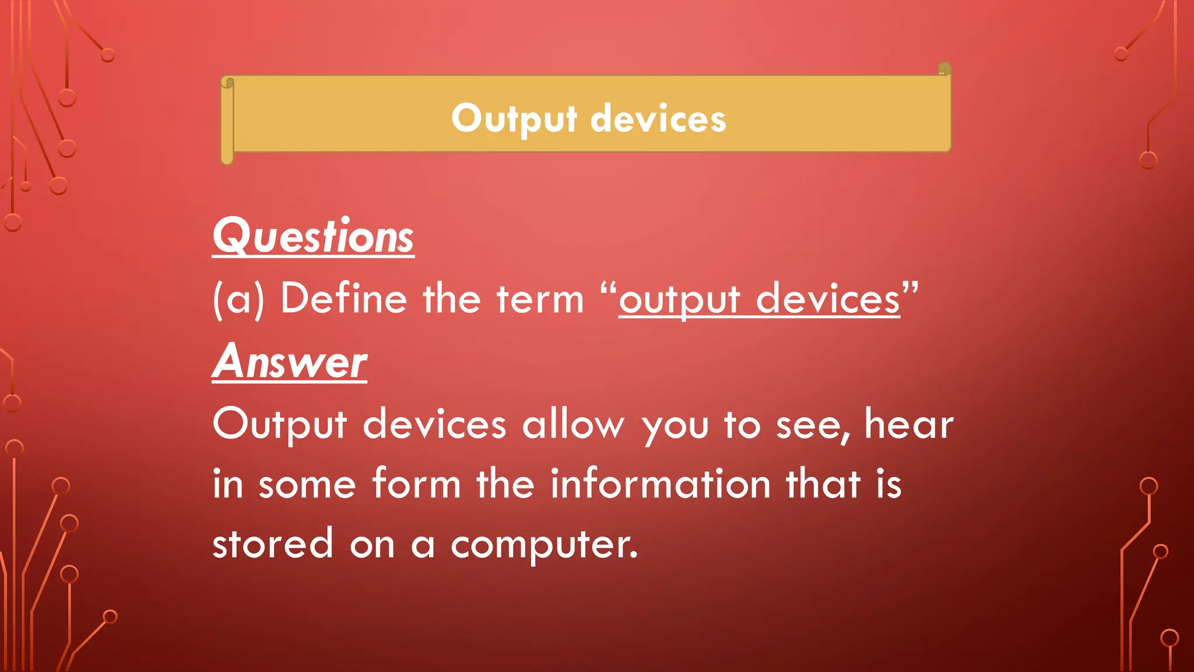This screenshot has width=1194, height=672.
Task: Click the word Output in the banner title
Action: (x=514, y=119)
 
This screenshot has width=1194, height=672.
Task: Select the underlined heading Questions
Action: (x=313, y=236)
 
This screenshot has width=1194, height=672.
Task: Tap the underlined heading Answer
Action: (x=290, y=362)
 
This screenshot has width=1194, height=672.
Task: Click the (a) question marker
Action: (x=238, y=299)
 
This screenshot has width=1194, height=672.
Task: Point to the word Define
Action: (x=343, y=299)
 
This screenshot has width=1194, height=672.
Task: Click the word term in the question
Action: (x=540, y=299)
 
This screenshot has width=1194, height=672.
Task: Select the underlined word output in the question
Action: (x=679, y=300)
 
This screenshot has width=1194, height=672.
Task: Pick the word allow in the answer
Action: (x=573, y=424)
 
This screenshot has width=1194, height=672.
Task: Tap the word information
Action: (x=661, y=484)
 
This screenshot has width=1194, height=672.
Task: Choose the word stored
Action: (x=272, y=544)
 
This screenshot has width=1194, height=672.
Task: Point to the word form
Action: (x=416, y=484)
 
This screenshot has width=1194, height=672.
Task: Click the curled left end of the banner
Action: (x=227, y=120)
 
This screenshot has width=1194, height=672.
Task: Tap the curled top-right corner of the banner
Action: (x=945, y=69)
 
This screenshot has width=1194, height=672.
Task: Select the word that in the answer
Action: (x=823, y=484)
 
